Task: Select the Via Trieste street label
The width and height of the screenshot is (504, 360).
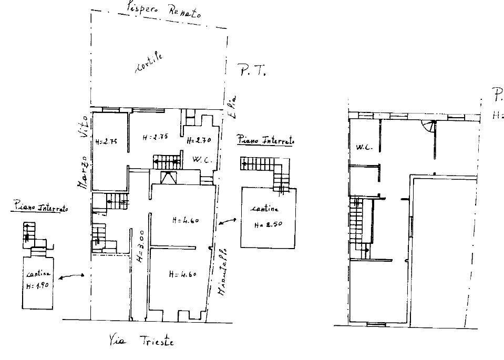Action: click(x=142, y=341)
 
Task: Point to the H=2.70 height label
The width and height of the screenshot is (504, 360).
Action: click(x=199, y=140)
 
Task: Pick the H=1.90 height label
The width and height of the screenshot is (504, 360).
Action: click(x=37, y=285)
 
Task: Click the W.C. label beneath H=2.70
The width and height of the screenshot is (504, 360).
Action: click(x=202, y=160)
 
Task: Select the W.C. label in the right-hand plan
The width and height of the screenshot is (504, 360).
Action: click(x=365, y=148)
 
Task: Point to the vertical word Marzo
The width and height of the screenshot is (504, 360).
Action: click(x=84, y=171)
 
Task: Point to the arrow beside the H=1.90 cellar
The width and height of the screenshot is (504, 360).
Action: click(x=72, y=275)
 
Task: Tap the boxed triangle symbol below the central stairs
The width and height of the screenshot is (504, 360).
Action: click(x=169, y=178)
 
